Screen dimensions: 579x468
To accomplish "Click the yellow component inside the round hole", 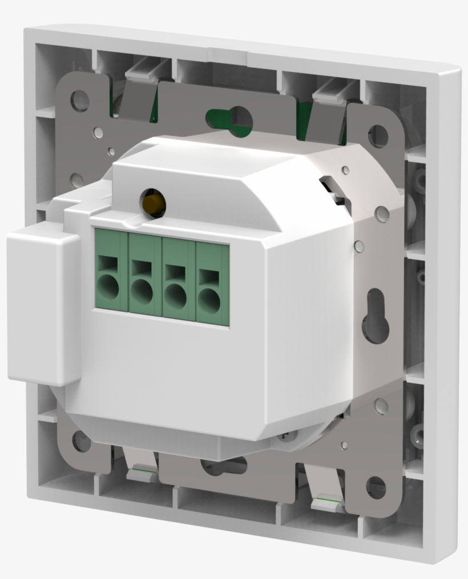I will (153, 203).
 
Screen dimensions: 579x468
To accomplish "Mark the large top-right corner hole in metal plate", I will (377, 136).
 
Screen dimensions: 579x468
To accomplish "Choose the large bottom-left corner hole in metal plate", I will (82, 441).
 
